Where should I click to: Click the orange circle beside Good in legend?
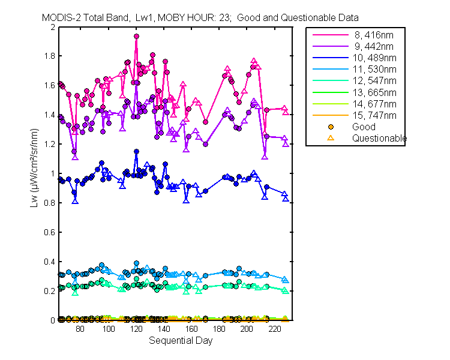[331, 127]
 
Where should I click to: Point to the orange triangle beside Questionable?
[331, 138]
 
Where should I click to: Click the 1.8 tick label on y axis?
[49, 56]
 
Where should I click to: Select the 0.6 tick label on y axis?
[49, 232]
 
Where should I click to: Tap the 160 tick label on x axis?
[191, 329]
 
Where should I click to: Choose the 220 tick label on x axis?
[275, 329]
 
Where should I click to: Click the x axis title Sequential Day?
[181, 341]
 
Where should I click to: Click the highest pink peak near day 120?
[136, 36]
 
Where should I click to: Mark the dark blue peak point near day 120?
[136, 151]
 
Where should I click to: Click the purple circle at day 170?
[205, 144]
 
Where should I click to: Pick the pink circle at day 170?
[205, 122]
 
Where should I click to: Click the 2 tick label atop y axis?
[53, 27]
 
